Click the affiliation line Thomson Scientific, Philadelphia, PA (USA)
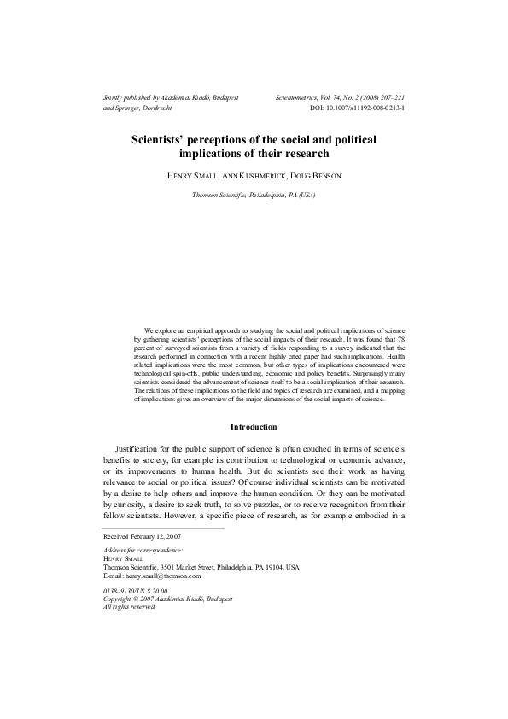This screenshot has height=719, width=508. click(254, 196)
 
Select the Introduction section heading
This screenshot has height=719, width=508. click(254, 427)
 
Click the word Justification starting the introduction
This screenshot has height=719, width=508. click(142, 448)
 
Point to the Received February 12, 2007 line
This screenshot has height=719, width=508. click(143, 536)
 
